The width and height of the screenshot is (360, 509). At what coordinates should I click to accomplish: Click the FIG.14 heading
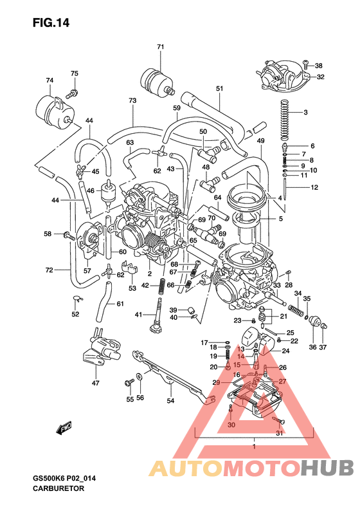tap(51, 23)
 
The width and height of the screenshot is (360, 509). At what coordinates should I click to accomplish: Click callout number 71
tap(161, 47)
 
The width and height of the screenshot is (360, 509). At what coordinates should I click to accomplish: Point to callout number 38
tap(319, 66)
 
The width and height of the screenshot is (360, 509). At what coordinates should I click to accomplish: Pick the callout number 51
tap(219, 88)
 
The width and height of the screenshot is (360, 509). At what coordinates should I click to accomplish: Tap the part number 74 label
tap(50, 80)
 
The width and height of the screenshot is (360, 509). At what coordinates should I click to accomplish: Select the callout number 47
tap(95, 384)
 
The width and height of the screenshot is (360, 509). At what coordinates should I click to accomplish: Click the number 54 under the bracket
tap(170, 401)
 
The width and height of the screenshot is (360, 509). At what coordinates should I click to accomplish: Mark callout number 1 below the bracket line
tap(255, 446)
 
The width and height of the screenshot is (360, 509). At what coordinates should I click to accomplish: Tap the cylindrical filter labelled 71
tap(156, 81)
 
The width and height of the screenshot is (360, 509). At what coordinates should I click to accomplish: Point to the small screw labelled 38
tap(307, 65)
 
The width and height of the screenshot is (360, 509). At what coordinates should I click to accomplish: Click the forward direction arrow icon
tap(64, 427)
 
